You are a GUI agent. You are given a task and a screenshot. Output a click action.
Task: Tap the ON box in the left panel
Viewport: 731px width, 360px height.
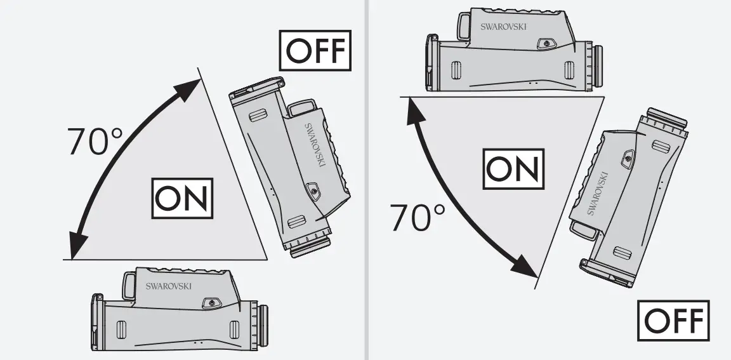tap(183, 198)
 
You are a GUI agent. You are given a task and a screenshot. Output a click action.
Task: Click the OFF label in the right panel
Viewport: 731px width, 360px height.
tap(674, 323)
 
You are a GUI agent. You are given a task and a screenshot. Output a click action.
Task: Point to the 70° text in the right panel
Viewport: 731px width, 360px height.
tap(418, 218)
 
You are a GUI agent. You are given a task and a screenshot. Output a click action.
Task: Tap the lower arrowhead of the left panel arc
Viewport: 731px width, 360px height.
tap(77, 244)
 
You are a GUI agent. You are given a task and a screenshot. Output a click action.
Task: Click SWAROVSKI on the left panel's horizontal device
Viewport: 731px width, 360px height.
tap(169, 286)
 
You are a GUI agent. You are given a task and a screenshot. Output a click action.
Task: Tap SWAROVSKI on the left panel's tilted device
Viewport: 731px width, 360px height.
tap(315, 145)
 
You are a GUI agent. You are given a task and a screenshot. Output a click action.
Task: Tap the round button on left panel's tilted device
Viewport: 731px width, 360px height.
tap(312, 189)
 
